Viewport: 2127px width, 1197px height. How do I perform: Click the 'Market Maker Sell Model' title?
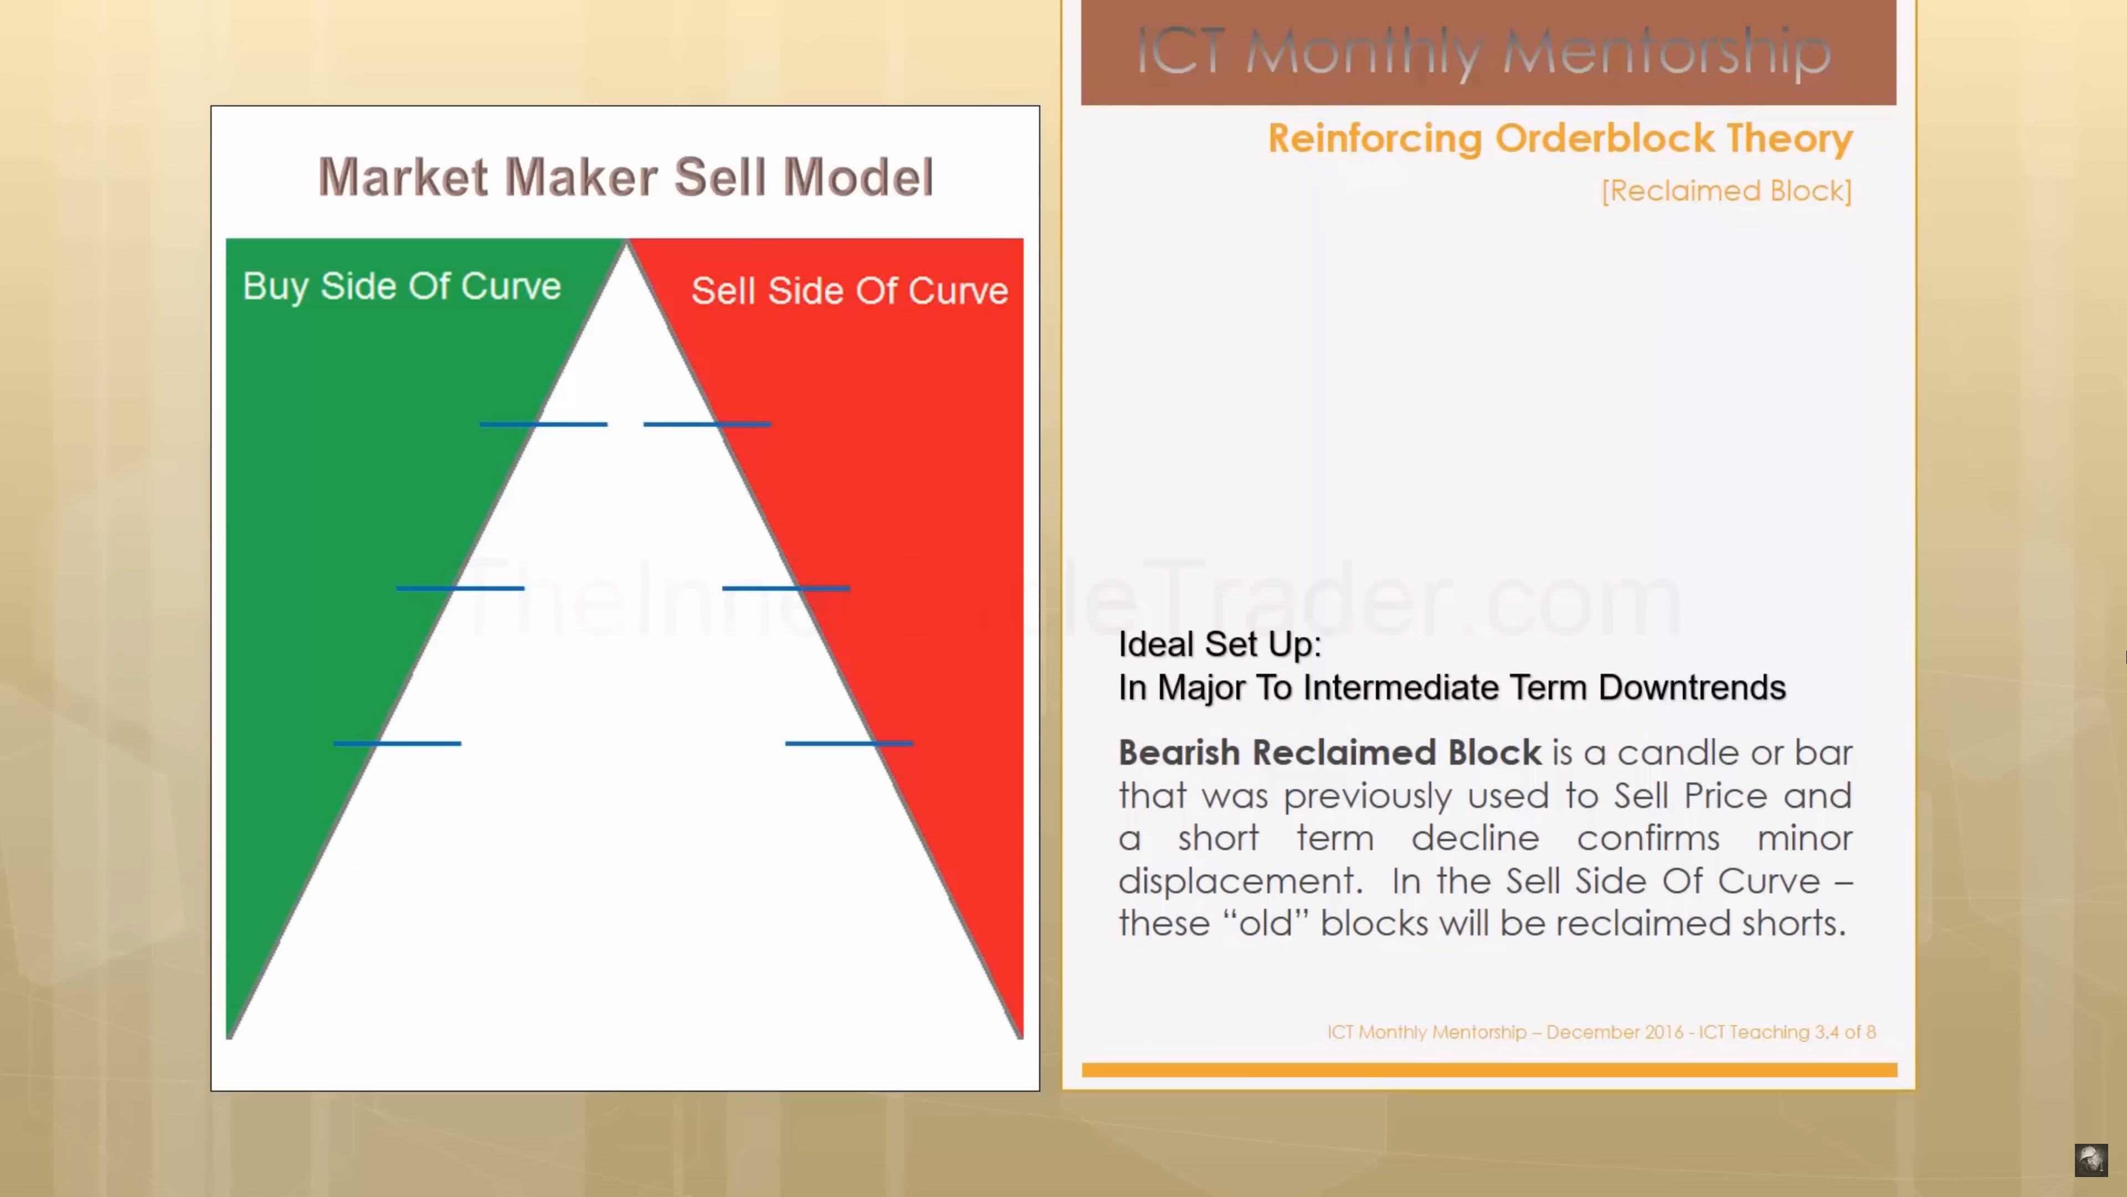626,177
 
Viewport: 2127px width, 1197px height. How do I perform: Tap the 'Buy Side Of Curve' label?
402,286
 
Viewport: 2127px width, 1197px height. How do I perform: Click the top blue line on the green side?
543,424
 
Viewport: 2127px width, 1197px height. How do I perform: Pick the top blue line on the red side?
708,424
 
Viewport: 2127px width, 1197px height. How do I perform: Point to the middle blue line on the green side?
460,588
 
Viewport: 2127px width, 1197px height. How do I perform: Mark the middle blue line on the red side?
786,588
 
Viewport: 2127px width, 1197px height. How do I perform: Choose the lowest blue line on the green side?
397,744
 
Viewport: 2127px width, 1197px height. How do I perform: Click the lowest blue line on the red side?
849,744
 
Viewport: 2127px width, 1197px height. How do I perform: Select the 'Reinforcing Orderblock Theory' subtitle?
1560,138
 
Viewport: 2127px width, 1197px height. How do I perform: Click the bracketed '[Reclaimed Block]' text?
1727,191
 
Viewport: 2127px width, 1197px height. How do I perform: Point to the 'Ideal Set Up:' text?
1220,644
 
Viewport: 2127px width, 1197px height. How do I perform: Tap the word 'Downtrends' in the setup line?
1692,687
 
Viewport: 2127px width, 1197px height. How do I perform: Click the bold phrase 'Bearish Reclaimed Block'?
1329,753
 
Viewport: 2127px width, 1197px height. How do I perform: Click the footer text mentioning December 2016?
1601,1032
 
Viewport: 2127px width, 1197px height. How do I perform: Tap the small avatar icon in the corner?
2090,1160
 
